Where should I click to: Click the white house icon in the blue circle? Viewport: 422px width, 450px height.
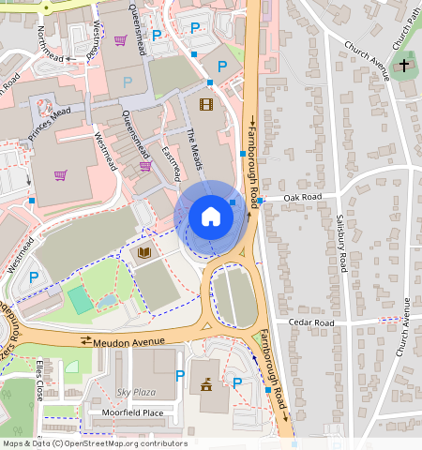pyautogui.click(x=211, y=217)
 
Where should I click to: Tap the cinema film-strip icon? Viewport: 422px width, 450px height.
pyautogui.click(x=206, y=104)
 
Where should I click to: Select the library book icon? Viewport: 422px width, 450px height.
pyautogui.click(x=143, y=253)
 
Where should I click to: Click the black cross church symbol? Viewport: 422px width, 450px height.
pyautogui.click(x=404, y=66)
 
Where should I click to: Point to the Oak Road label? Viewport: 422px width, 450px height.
pyautogui.click(x=303, y=198)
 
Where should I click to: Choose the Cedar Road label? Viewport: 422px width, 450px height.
pyautogui.click(x=311, y=322)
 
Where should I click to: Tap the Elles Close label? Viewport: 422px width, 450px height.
pyautogui.click(x=40, y=380)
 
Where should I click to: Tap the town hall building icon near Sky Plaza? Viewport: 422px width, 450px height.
pyautogui.click(x=205, y=384)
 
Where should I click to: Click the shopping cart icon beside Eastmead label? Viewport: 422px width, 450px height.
pyautogui.click(x=145, y=166)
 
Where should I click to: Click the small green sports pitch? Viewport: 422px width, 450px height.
pyautogui.click(x=81, y=300)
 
